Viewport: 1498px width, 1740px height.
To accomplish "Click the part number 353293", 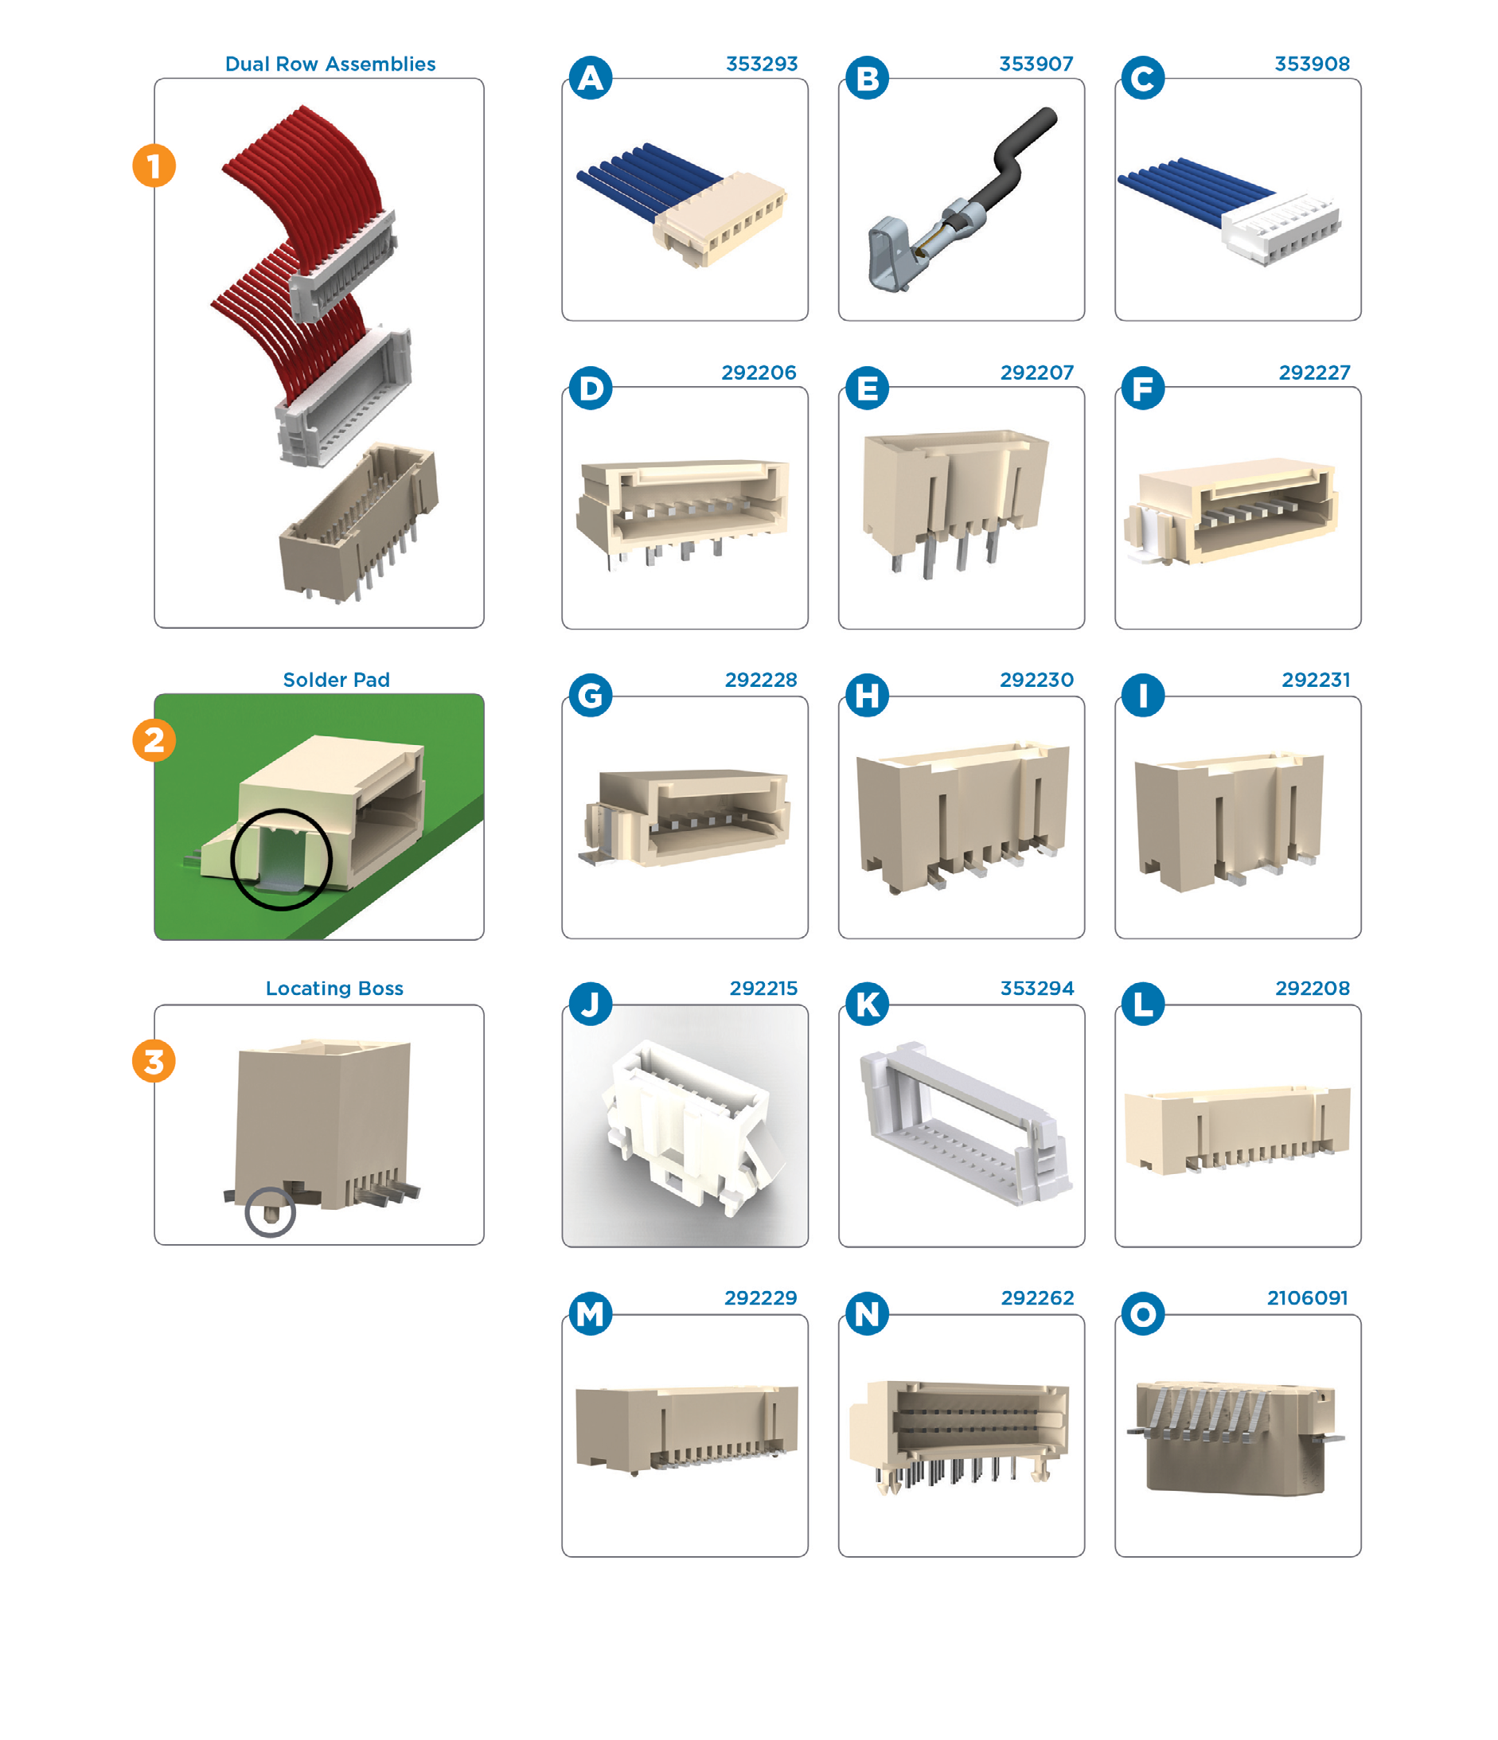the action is [761, 64].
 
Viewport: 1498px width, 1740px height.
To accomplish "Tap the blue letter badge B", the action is [867, 78].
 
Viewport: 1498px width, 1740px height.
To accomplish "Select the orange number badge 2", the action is [154, 739].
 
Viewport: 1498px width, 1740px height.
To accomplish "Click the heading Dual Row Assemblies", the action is [330, 64].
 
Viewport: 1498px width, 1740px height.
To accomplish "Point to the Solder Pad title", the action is [336, 680].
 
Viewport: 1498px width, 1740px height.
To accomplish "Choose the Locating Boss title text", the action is [334, 989].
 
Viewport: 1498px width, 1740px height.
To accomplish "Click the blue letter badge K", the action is [867, 1004].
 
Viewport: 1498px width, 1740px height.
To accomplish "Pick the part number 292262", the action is [1037, 1297].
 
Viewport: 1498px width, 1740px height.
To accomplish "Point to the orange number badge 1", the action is [154, 166].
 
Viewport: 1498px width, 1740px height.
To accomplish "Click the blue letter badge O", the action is [1143, 1313].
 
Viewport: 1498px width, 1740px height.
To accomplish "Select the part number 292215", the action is [763, 989].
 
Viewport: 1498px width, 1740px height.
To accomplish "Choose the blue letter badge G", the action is [591, 696].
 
